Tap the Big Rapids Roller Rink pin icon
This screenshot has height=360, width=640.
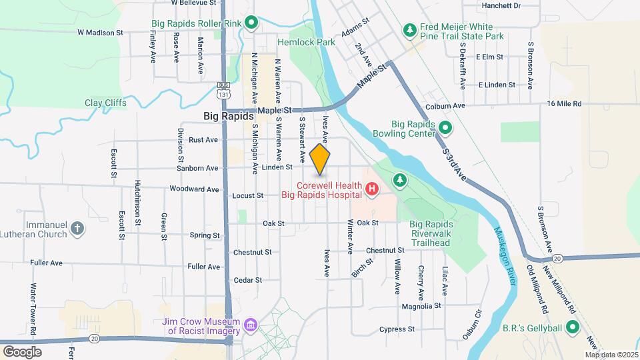click(251, 23)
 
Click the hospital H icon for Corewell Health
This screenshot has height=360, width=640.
click(372, 191)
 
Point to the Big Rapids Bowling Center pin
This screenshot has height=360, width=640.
click(445, 128)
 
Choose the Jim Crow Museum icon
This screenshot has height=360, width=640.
click(251, 325)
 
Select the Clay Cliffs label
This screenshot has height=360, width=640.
click(105, 103)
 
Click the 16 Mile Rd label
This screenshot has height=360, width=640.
click(564, 103)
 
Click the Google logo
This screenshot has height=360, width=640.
click(22, 351)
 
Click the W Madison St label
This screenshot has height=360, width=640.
click(101, 31)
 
